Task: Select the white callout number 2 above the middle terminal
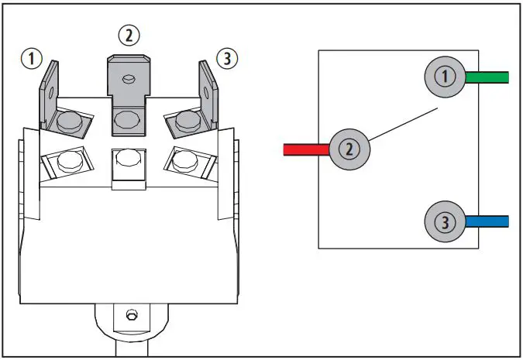point(128,35)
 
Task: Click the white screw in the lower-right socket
point(184,160)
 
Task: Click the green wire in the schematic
point(486,77)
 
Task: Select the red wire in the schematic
point(307,149)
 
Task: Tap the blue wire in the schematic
point(486,222)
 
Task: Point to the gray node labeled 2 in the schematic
point(350,149)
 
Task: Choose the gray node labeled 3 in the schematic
point(444,223)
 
